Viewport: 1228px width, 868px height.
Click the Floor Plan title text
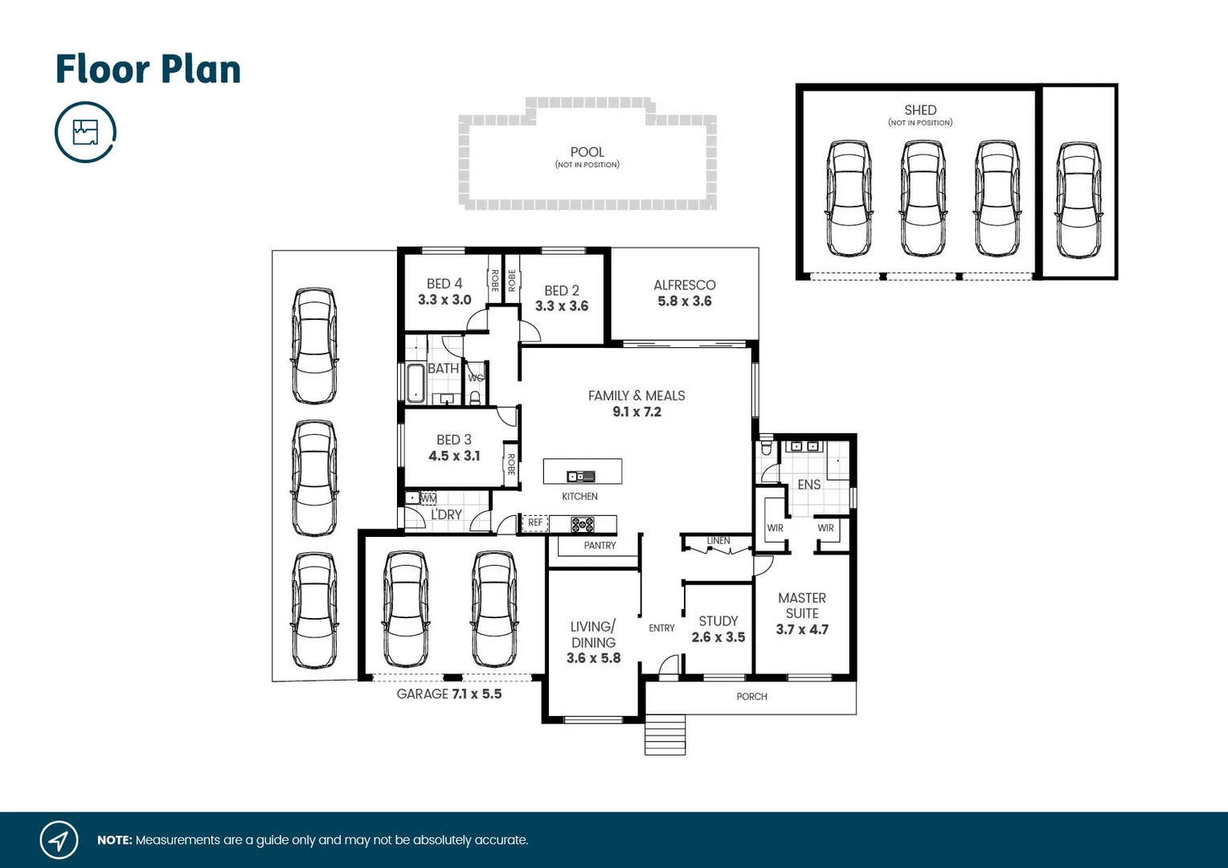pos(148,69)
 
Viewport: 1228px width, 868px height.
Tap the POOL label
pos(587,152)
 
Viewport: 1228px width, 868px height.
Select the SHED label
pos(920,110)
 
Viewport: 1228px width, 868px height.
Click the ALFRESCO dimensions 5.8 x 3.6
pos(684,301)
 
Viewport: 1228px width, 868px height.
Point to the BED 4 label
pos(444,284)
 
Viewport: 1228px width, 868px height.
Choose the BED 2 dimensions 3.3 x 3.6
pos(561,306)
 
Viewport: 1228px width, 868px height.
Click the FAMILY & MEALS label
pos(636,395)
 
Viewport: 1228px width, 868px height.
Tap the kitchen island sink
pos(580,477)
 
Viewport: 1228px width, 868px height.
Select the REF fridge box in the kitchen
pos(535,523)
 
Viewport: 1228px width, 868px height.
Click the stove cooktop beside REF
pos(583,525)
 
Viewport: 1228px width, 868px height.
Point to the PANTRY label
pos(600,546)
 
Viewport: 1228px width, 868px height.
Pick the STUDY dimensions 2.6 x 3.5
pos(718,637)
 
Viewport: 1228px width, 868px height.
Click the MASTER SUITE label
pos(801,605)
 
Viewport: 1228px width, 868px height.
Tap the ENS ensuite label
pos(808,485)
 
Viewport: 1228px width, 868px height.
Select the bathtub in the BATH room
pos(415,383)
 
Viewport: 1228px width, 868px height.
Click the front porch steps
pos(665,735)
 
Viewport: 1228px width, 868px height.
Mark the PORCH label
pos(751,697)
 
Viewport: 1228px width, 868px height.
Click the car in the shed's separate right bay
pos(1078,200)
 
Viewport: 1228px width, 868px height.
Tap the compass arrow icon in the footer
pos(59,841)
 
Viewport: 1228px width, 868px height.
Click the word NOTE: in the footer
pos(114,841)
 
